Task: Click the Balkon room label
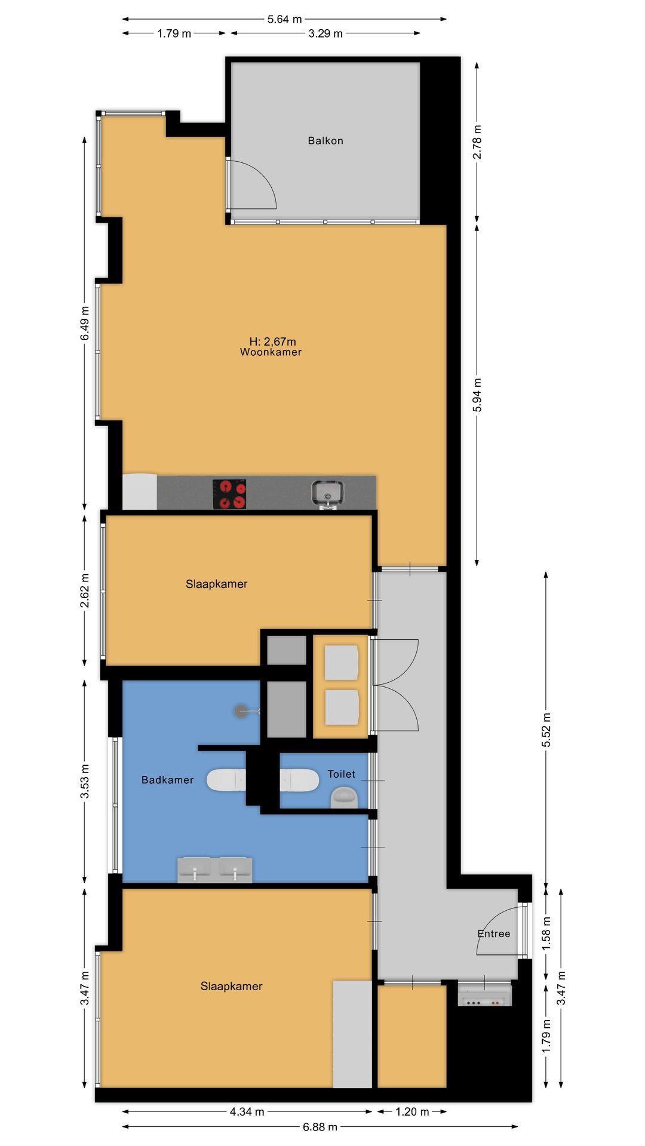point(325,141)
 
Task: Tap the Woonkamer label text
point(271,352)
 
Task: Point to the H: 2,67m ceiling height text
point(272,341)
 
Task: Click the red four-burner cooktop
point(229,494)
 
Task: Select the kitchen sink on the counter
point(327,494)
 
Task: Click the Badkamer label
point(167,780)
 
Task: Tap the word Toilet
point(342,774)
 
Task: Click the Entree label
point(494,934)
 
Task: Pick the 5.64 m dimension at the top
point(285,19)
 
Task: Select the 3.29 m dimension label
point(325,33)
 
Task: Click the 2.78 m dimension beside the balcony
point(477,142)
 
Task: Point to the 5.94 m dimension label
point(477,395)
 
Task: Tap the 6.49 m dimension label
point(85,323)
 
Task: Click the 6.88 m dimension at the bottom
point(320,1127)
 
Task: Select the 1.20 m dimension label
point(412,1111)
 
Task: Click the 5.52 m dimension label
point(546,729)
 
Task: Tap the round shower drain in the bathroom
point(241,711)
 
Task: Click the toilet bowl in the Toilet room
point(345,797)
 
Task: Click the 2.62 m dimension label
point(85,591)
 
